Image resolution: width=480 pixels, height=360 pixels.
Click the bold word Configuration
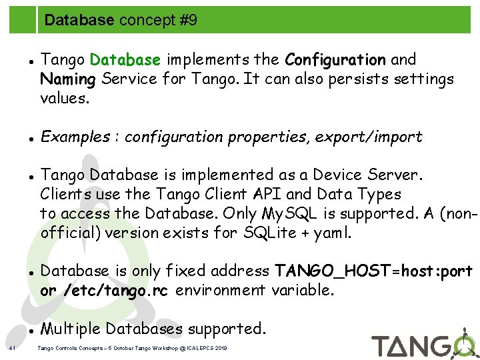point(335,60)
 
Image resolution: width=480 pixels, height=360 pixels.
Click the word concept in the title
point(139,21)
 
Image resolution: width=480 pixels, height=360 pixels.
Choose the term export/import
point(369,137)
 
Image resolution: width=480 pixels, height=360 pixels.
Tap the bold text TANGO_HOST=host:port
point(374,271)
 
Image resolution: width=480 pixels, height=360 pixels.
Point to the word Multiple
point(71,329)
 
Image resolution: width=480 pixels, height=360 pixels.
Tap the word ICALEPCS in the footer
point(198,348)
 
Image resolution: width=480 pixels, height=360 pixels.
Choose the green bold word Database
point(125,60)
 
